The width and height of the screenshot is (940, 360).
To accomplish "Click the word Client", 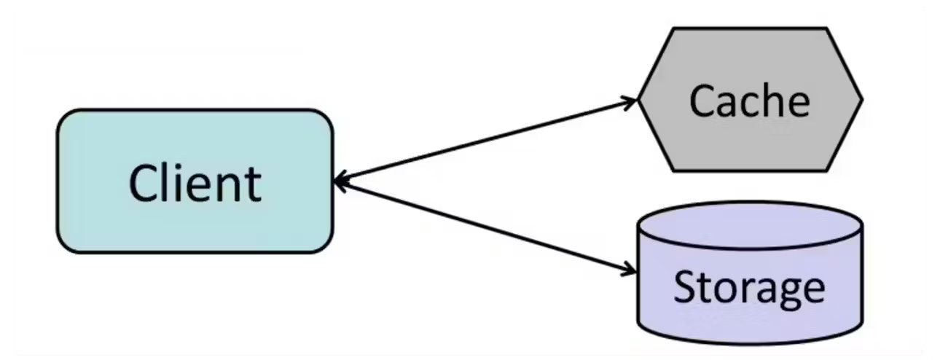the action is [195, 183].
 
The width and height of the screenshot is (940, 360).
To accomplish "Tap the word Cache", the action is [750, 101].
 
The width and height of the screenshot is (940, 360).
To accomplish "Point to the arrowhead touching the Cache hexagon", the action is [630, 102].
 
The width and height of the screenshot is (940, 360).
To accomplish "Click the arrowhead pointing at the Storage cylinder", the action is [629, 270].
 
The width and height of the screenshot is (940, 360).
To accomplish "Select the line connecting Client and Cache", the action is [486, 141].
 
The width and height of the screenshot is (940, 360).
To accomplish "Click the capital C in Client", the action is [142, 183].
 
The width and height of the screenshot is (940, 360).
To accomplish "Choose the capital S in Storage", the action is [685, 286].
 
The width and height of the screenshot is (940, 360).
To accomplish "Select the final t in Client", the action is [253, 185].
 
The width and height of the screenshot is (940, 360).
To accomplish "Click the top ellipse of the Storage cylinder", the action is [750, 226].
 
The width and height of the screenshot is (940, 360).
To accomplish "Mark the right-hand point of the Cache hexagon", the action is [862, 100].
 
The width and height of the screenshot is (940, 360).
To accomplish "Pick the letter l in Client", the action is [164, 182].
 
